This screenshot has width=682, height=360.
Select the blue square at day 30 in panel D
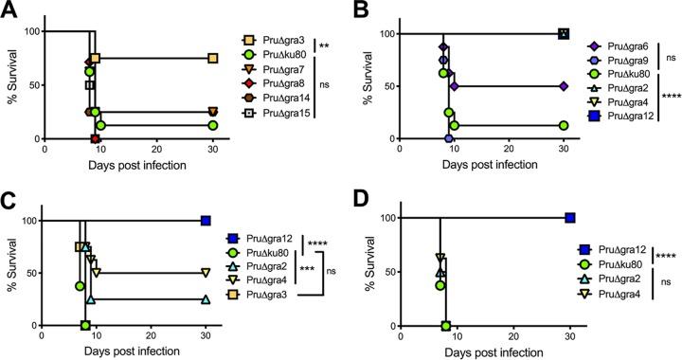pos(570,218)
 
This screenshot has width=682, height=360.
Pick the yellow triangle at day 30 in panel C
pos(206,273)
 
